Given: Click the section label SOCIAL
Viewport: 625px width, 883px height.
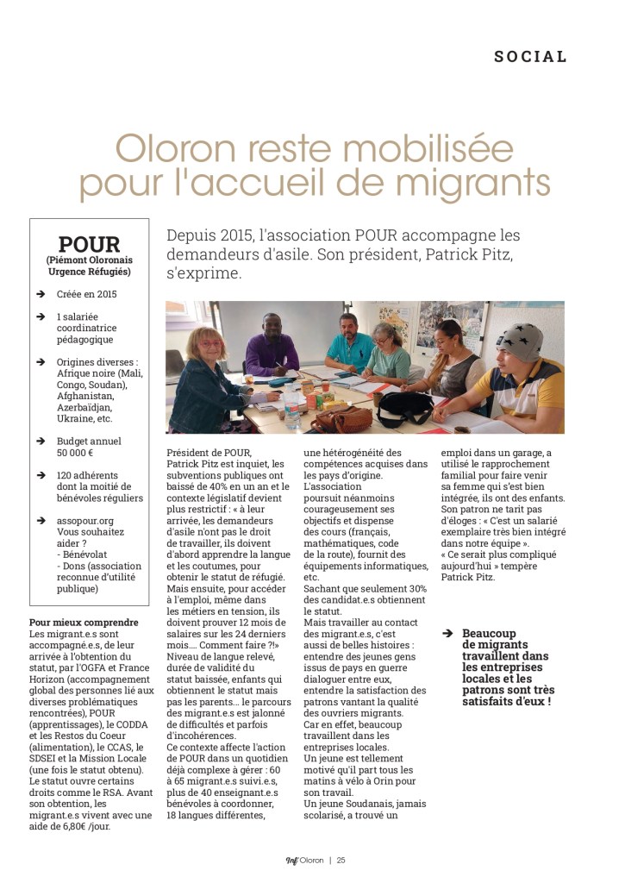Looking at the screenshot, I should tap(531, 57).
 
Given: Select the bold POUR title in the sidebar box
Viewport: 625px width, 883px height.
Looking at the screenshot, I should tap(89, 244).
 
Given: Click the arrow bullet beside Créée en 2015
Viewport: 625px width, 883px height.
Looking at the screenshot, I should tap(40, 294).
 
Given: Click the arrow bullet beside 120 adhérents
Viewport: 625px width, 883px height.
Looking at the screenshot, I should tap(40, 475).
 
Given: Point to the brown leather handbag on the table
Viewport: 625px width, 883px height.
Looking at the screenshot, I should tap(342, 420).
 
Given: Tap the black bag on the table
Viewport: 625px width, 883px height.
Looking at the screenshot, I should tap(403, 408).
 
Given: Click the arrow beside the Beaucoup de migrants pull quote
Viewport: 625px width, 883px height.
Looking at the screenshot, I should tap(447, 632).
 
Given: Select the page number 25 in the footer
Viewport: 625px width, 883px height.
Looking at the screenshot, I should tap(341, 859).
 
